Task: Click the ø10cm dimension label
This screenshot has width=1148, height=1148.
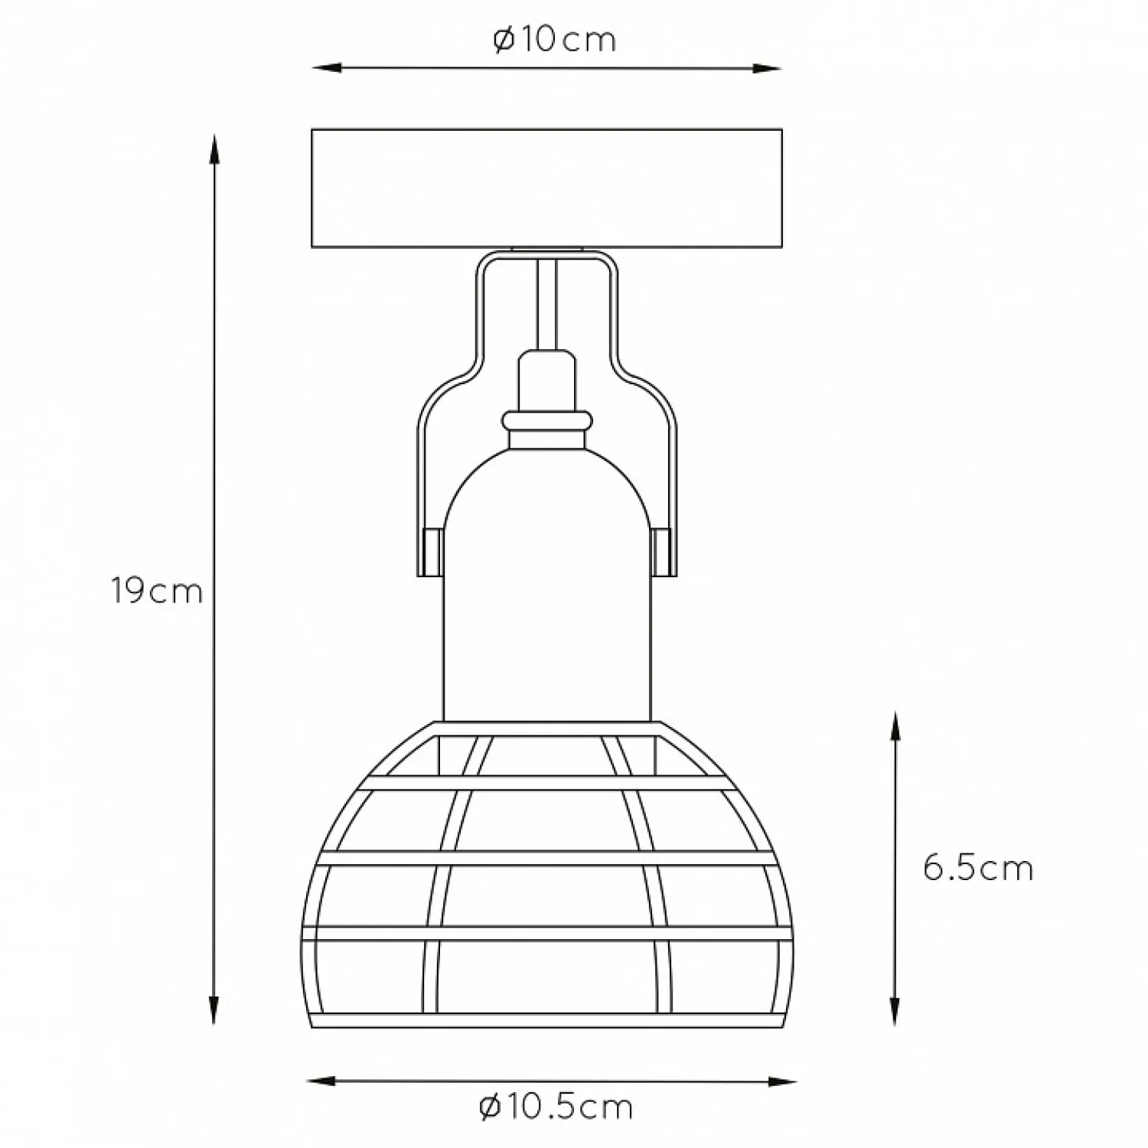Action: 555,40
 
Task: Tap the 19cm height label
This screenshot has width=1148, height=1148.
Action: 158,591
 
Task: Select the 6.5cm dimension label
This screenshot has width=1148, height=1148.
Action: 978,868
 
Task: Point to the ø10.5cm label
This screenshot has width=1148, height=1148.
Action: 556,1107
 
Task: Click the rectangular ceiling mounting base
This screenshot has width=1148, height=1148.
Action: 546,188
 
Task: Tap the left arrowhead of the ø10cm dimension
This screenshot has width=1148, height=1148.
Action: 326,69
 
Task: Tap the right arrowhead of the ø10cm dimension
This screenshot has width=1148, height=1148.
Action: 767,69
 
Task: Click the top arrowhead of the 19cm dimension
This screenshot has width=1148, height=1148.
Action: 215,149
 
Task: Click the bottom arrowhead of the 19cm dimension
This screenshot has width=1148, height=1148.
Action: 215,1010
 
